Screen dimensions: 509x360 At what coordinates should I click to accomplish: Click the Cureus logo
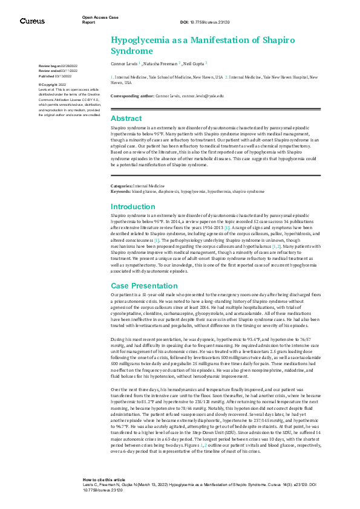(x=32, y=21)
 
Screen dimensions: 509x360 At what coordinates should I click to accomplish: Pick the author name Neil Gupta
(x=193, y=63)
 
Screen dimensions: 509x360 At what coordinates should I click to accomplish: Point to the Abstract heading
(x=126, y=118)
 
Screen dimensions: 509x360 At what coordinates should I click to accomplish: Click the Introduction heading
(x=133, y=207)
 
